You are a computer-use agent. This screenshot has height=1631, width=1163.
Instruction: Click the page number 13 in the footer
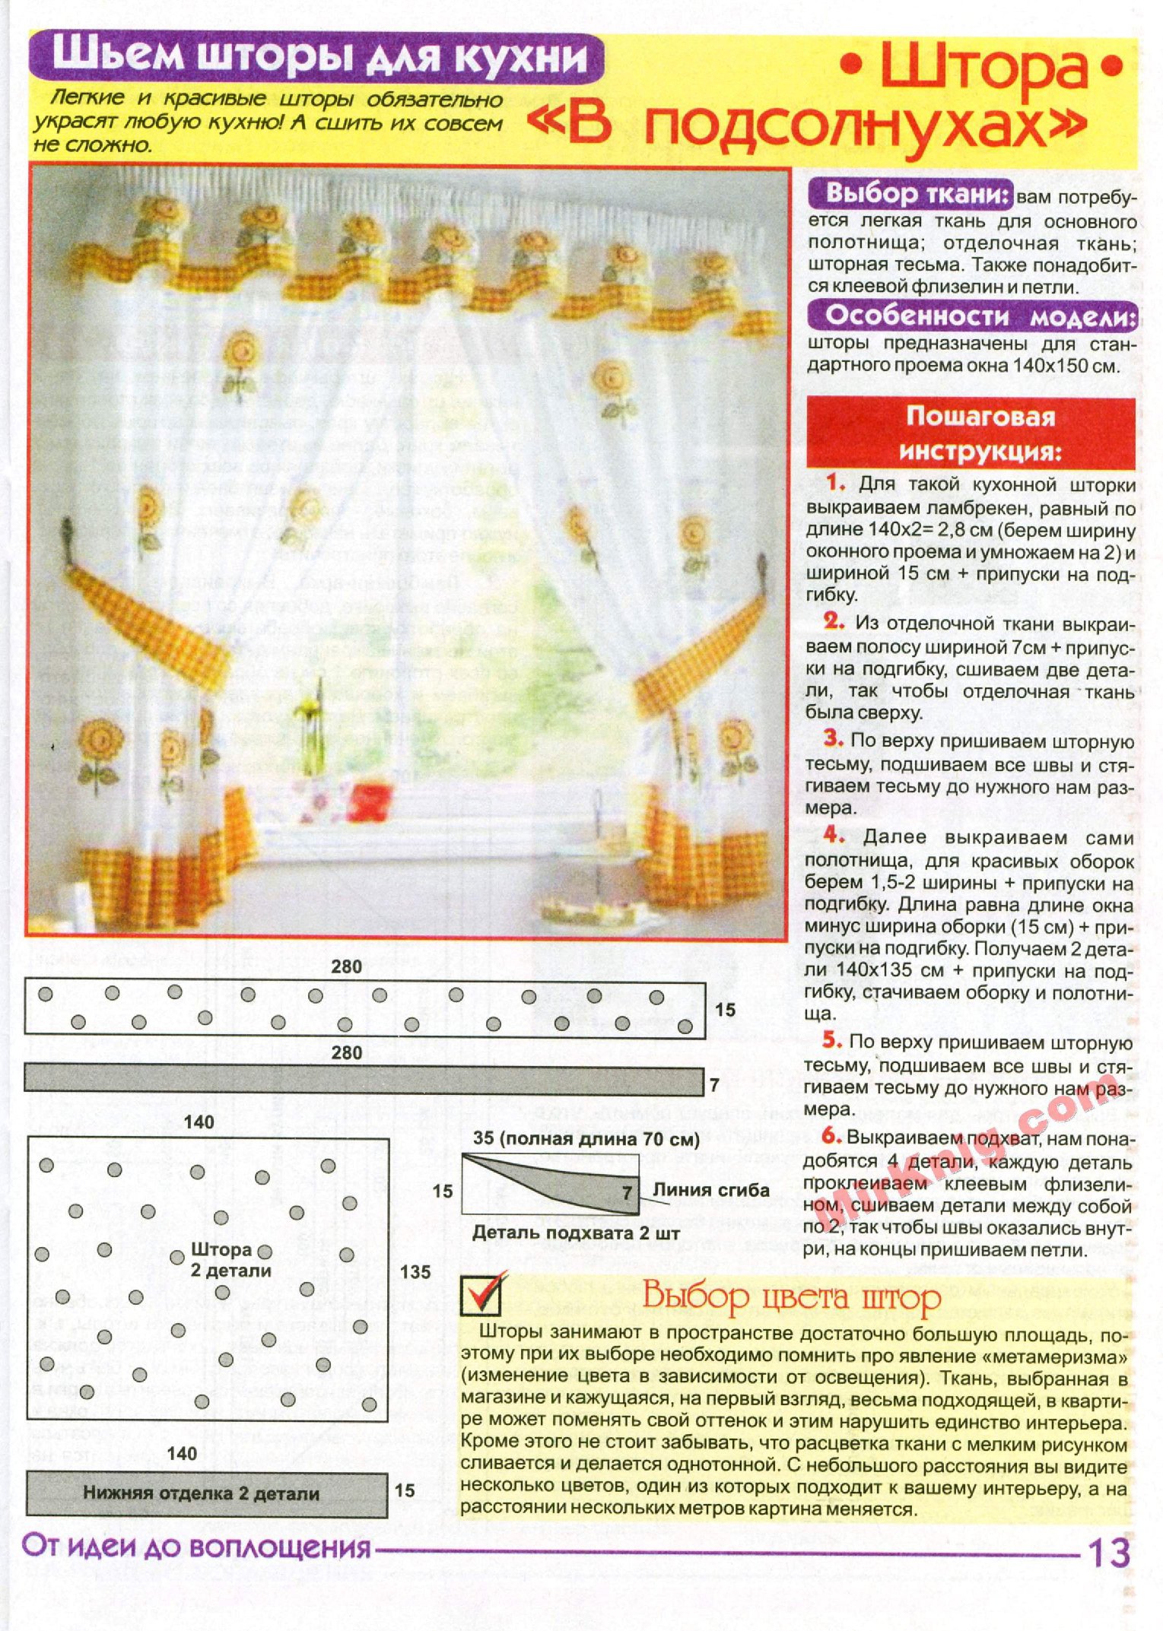click(x=1108, y=1553)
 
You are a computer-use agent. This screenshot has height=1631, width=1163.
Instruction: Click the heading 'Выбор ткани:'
click(x=910, y=194)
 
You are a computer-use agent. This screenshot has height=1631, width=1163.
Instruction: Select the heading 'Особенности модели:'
click(x=971, y=315)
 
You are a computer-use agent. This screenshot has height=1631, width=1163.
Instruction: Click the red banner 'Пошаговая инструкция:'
click(x=971, y=433)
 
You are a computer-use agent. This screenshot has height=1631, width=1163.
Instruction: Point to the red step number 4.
click(x=834, y=836)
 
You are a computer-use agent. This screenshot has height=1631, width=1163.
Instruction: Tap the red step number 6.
click(x=831, y=1136)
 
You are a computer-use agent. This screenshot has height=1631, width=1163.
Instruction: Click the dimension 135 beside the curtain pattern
click(x=415, y=1271)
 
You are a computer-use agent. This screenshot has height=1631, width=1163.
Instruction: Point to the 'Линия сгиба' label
click(x=710, y=1190)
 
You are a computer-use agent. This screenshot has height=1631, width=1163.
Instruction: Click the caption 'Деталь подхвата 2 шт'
click(x=576, y=1233)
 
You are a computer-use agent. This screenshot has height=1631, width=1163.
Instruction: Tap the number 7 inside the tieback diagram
click(x=627, y=1192)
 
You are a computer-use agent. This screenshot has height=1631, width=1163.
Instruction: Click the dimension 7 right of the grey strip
click(x=715, y=1086)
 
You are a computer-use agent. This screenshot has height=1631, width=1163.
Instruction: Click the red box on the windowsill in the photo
click(x=371, y=802)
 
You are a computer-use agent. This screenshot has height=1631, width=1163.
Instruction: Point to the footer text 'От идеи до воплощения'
click(x=196, y=1547)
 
